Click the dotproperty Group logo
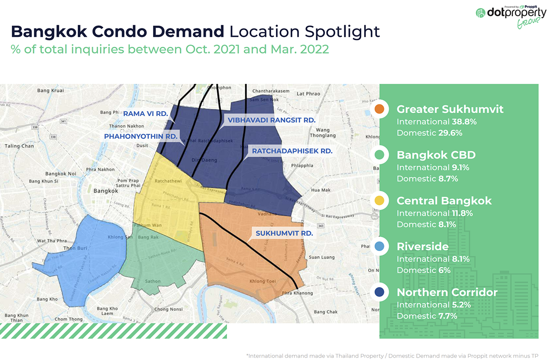(510, 16)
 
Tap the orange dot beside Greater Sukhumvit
(379, 109)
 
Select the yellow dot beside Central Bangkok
(379, 200)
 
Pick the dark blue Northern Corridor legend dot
(379, 292)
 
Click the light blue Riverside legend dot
(379, 246)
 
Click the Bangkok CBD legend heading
(436, 155)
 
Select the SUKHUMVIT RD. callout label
(284, 233)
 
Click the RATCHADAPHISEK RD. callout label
(292, 151)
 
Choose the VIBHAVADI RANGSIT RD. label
(271, 120)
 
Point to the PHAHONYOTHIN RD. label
(141, 136)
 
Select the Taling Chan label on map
(19, 146)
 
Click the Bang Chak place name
(326, 312)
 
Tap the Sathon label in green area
(153, 281)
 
